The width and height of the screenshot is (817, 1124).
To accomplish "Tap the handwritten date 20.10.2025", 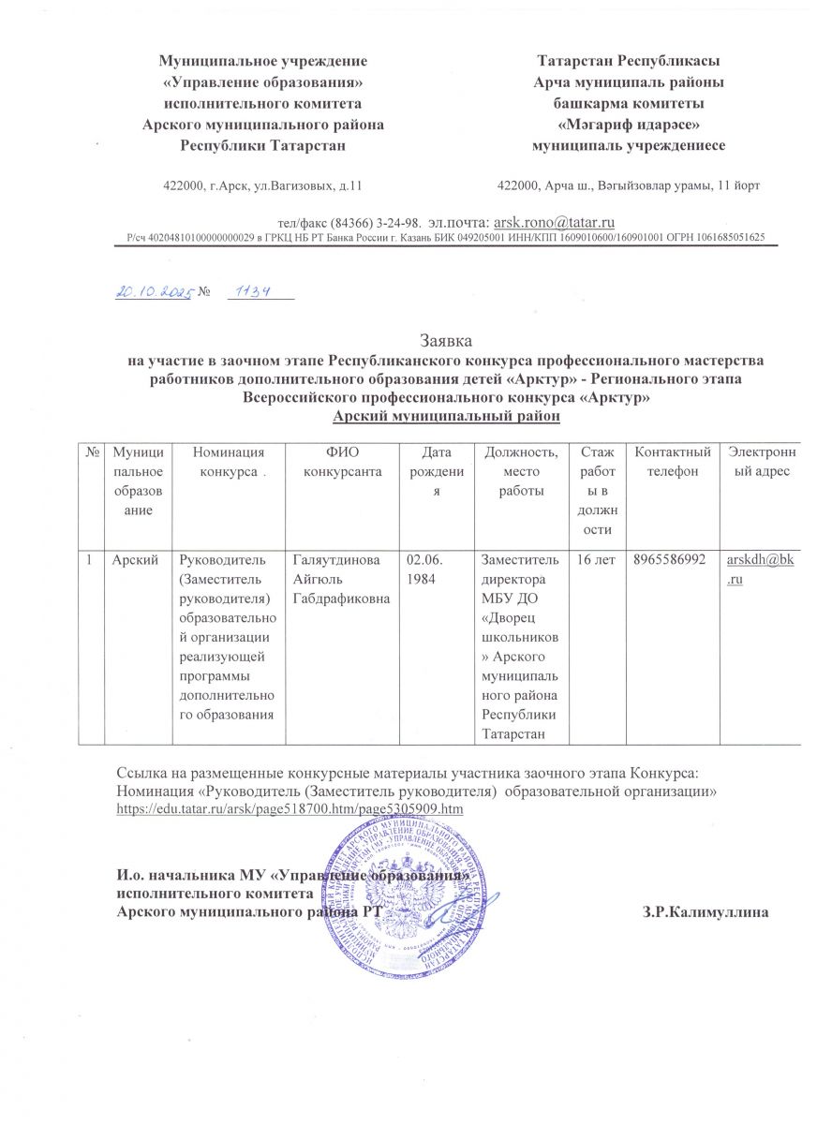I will (x=153, y=292).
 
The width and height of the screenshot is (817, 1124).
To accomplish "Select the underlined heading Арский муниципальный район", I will (x=447, y=413).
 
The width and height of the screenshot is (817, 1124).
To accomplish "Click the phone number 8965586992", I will (x=671, y=560).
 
